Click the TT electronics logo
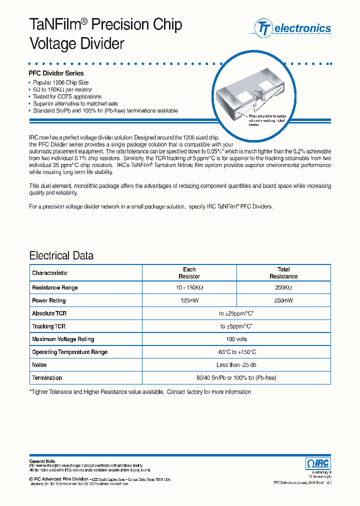click(x=293, y=28)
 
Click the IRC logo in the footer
click(x=317, y=463)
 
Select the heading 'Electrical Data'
click(x=61, y=255)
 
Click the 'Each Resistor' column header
click(x=189, y=272)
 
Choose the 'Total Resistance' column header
click(x=283, y=272)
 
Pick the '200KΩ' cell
click(x=283, y=288)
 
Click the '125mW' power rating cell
click(x=189, y=300)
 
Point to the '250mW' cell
click(x=283, y=300)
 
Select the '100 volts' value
click(x=236, y=339)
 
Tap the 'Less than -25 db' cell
click(x=236, y=365)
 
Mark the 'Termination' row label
click(x=47, y=378)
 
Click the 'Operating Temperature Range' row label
click(x=69, y=352)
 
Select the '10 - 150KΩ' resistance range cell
click(x=189, y=288)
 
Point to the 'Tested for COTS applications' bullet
click(x=67, y=96)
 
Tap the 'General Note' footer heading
click(x=42, y=461)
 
